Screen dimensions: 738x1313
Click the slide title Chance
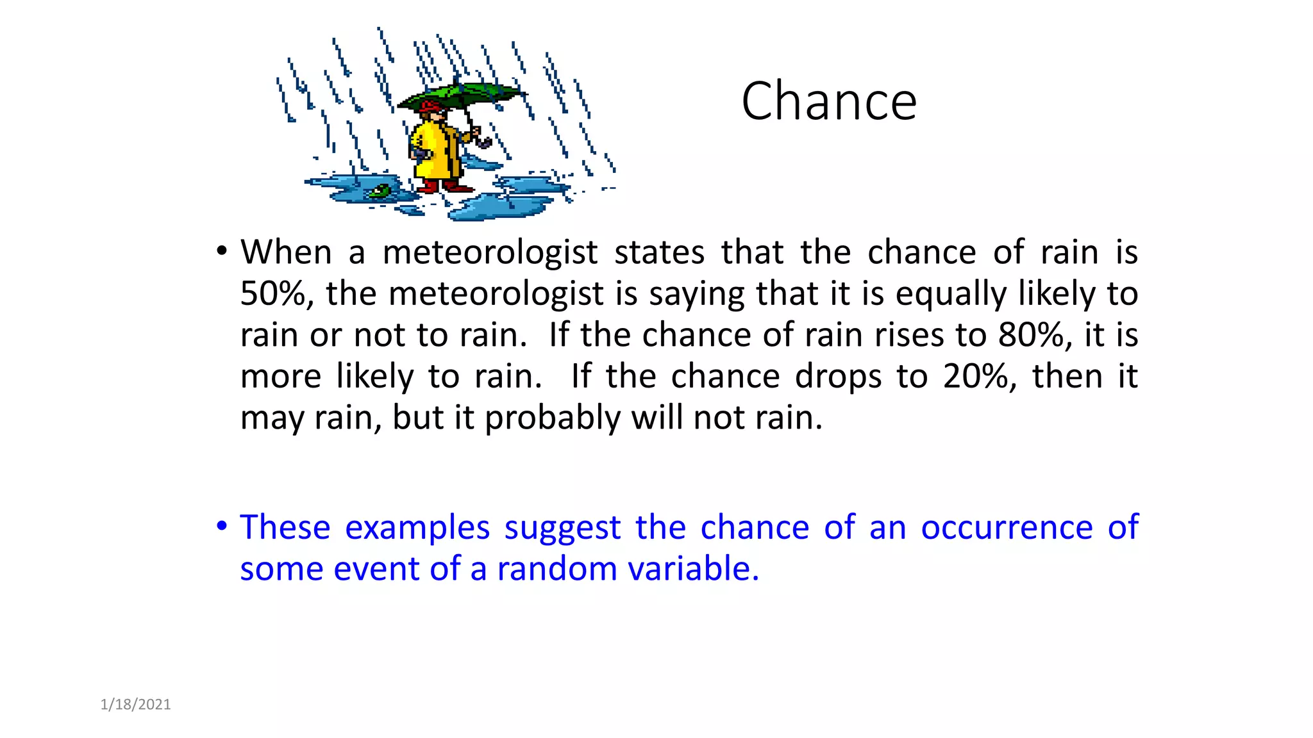click(x=829, y=101)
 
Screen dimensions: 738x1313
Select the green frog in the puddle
click(x=380, y=190)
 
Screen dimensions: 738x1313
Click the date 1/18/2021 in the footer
click(x=136, y=705)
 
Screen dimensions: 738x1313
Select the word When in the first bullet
click(x=286, y=252)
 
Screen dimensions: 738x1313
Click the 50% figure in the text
click(x=276, y=293)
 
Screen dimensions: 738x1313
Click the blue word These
click(x=285, y=527)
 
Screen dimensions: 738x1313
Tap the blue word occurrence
click(x=1007, y=527)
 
